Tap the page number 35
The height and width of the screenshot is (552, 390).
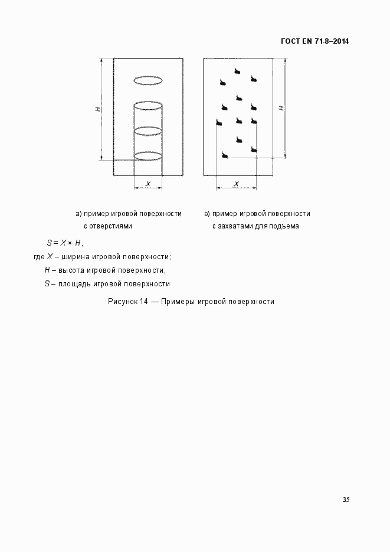tap(346, 499)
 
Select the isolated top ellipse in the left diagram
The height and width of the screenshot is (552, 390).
tap(148, 80)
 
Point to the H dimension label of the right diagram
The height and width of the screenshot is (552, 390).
tap(282, 108)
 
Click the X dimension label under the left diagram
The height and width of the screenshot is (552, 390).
tap(148, 184)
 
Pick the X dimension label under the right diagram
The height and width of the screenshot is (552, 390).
tap(237, 184)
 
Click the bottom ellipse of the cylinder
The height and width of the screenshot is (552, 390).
tap(148, 156)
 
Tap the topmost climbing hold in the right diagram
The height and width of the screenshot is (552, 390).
tap(237, 71)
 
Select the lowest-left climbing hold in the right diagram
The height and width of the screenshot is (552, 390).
tap(224, 155)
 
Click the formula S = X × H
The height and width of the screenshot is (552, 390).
tap(65, 243)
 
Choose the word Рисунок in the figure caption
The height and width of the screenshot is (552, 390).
tap(123, 301)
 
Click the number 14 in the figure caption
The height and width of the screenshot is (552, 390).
tap(144, 301)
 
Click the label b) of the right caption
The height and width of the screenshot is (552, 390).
tap(207, 214)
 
